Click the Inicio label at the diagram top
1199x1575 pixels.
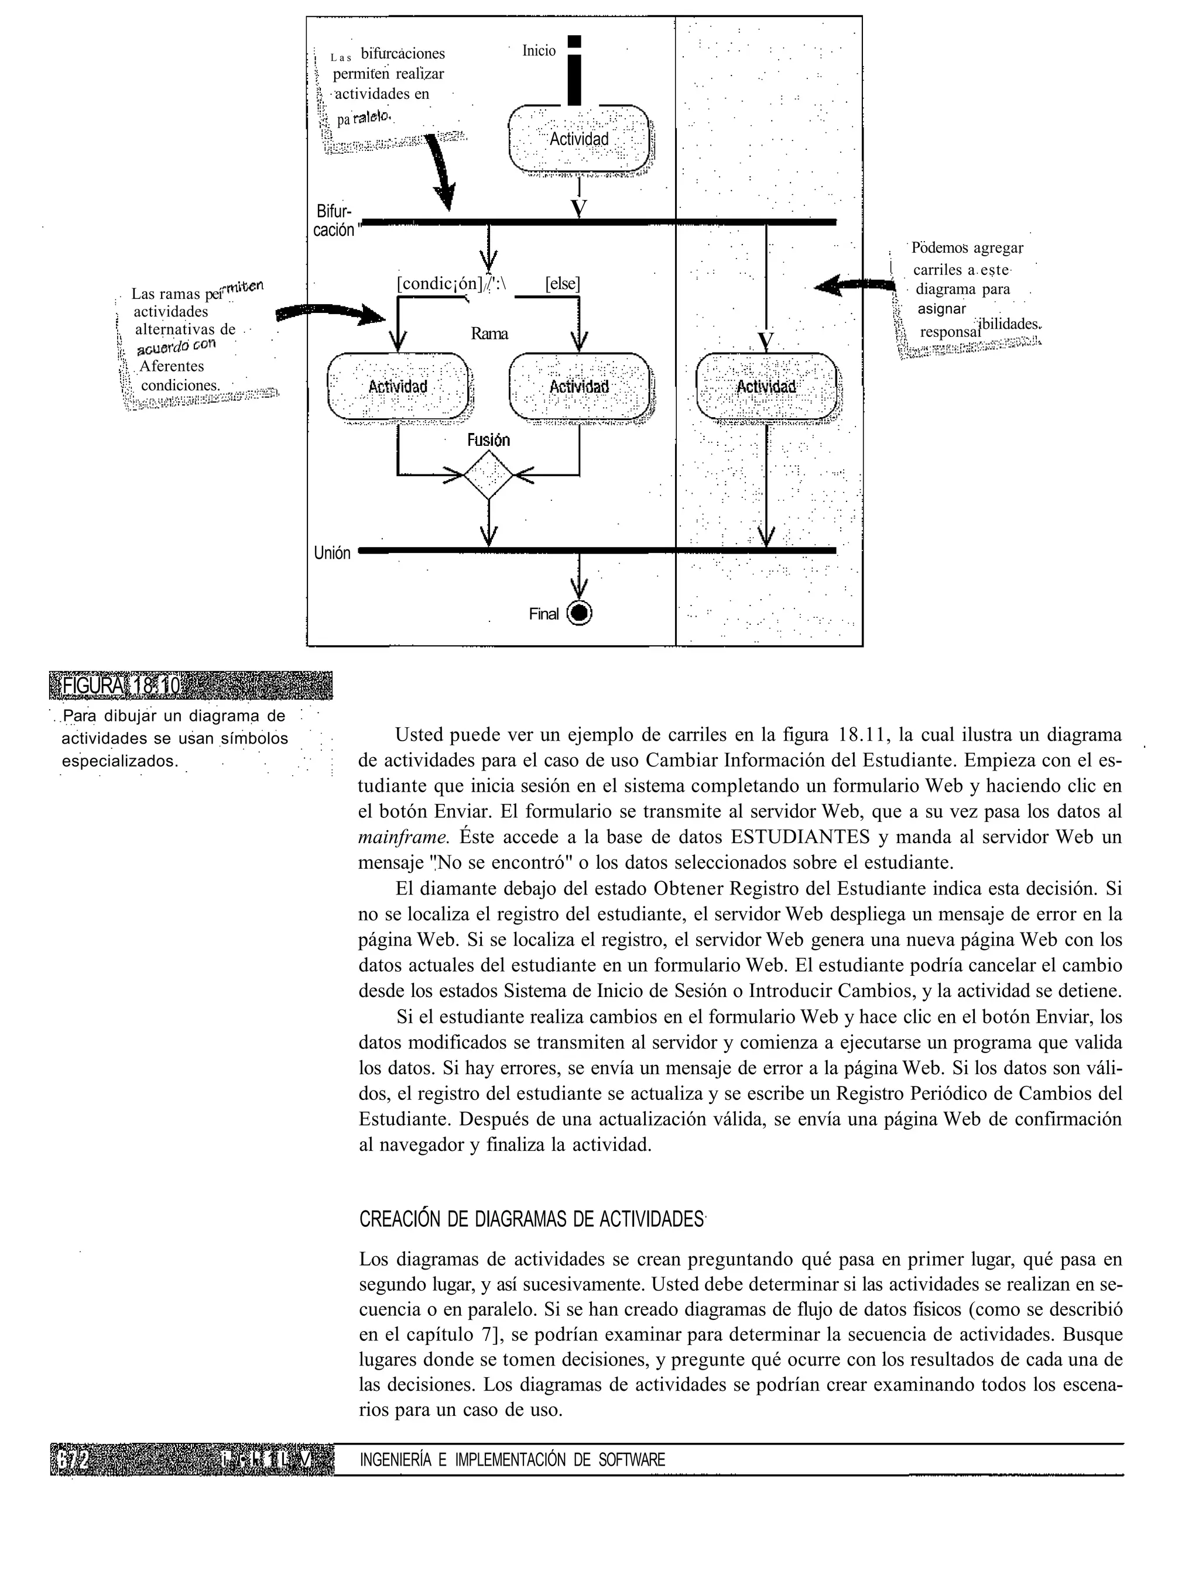click(539, 51)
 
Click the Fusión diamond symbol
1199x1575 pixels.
click(489, 474)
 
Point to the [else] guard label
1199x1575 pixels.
click(563, 283)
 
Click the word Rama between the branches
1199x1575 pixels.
click(489, 334)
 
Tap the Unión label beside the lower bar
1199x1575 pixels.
click(332, 553)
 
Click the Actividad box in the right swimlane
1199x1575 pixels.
click(766, 387)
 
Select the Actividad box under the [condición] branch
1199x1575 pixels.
click(398, 387)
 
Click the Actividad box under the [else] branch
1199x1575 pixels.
click(579, 387)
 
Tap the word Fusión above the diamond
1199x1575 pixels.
click(489, 440)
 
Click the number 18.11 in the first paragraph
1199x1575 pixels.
click(864, 735)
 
